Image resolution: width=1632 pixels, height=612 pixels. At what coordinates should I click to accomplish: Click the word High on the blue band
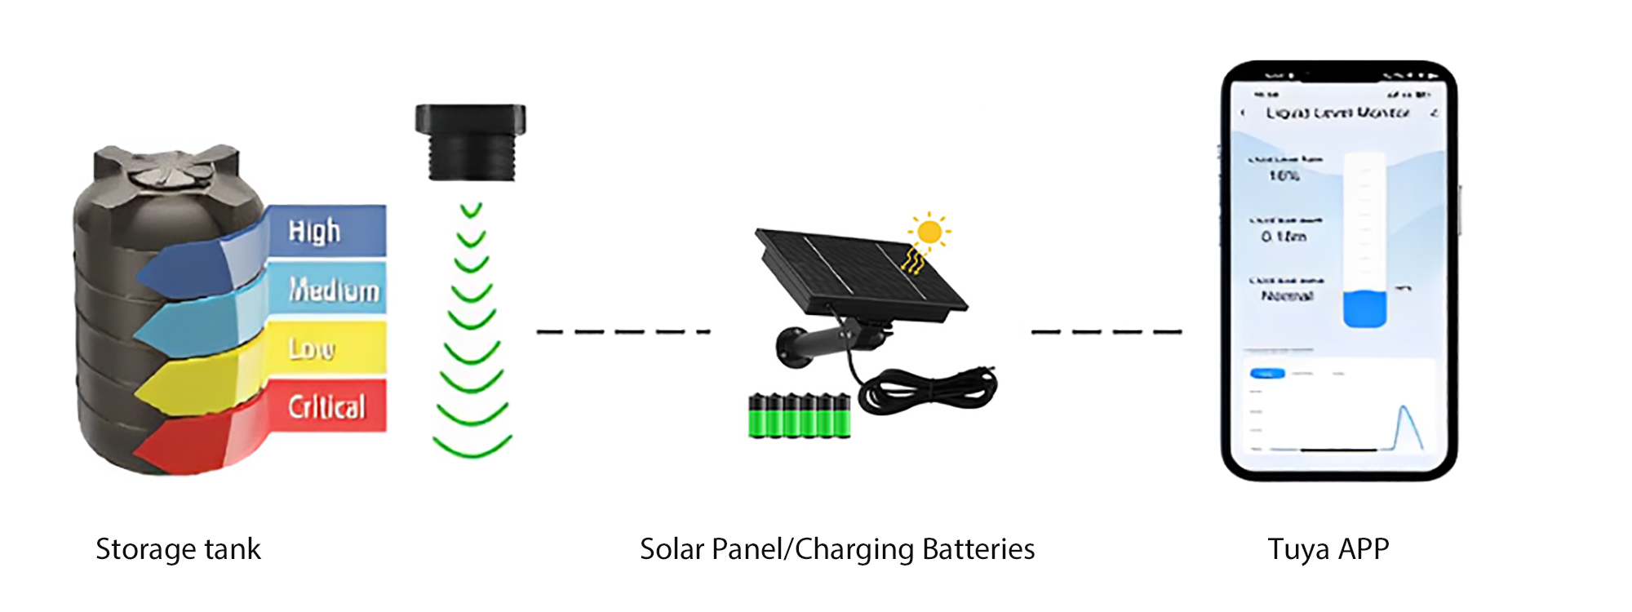click(x=314, y=232)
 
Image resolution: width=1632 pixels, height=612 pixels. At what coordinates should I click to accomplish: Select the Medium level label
click(x=335, y=290)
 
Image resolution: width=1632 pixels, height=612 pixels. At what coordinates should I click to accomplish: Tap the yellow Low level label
click(x=312, y=349)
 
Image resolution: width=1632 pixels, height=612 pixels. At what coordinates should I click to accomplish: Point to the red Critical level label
click(x=326, y=406)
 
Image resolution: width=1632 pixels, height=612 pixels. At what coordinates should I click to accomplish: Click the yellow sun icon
click(x=929, y=232)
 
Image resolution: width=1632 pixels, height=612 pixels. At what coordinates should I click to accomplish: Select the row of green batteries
click(x=800, y=415)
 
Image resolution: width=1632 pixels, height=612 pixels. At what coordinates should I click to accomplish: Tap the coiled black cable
click(x=930, y=390)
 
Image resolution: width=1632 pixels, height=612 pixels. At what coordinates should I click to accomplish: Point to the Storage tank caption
click(x=178, y=549)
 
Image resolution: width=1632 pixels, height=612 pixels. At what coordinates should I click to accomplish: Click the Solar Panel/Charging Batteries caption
click(x=836, y=549)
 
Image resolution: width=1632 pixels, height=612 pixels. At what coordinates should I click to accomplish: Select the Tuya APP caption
click(x=1328, y=549)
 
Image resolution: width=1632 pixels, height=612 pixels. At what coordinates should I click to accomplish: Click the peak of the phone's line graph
click(x=1404, y=407)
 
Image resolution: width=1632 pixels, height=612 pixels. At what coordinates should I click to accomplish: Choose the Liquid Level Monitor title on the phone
click(x=1337, y=113)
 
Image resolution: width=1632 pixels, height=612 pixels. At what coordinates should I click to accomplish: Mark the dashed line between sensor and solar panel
click(x=623, y=331)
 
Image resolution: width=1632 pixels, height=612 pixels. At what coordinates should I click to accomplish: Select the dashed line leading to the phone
click(x=1106, y=331)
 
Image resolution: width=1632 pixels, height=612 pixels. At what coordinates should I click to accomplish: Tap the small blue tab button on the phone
click(x=1267, y=374)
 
